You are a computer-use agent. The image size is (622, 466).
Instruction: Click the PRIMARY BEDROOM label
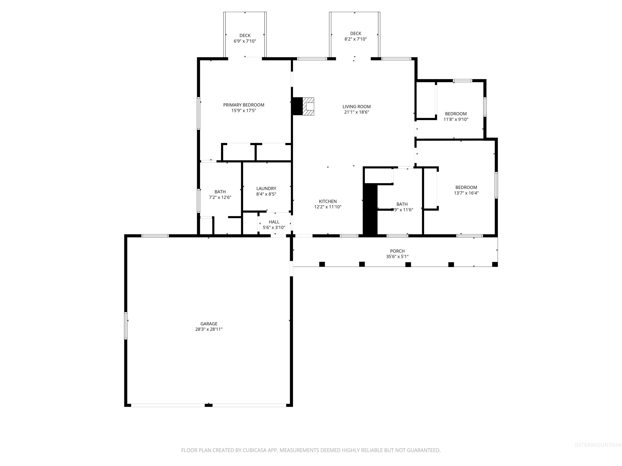click(244, 105)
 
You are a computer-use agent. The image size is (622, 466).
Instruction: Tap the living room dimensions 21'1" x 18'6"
click(356, 112)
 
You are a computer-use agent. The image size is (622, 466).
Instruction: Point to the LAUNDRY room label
click(266, 189)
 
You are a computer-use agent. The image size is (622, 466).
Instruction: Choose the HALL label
click(274, 222)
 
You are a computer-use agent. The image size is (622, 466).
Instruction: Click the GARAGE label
click(209, 324)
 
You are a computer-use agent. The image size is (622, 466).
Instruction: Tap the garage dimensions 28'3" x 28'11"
click(209, 329)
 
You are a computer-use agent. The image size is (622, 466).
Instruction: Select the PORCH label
click(397, 251)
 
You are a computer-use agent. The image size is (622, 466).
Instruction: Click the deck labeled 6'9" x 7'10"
click(245, 38)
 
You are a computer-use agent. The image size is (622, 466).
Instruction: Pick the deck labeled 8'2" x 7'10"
click(355, 36)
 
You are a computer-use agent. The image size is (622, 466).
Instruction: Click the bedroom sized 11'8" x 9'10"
click(456, 116)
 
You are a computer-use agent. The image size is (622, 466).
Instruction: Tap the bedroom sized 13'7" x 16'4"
click(466, 190)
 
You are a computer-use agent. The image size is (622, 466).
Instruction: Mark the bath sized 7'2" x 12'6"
click(220, 194)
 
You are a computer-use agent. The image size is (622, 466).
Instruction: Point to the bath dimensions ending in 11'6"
click(402, 210)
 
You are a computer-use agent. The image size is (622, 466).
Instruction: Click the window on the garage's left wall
click(126, 326)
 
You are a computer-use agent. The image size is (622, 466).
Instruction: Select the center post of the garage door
click(208, 405)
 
